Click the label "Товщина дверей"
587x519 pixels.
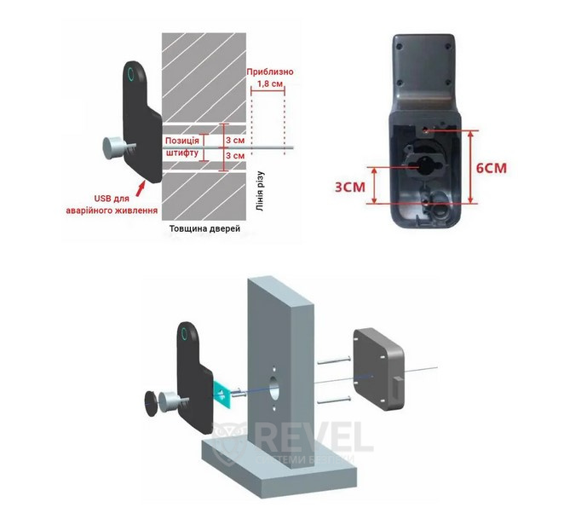pos(204,228)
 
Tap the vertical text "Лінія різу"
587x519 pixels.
pos(260,191)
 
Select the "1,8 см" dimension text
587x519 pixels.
pos(270,84)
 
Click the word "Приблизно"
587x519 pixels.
pos(270,72)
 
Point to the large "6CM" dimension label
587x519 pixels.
pos(492,168)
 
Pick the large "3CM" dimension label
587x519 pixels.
pos(349,187)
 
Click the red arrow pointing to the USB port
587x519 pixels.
pos(140,188)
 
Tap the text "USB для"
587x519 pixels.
pos(112,199)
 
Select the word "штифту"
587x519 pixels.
pos(182,153)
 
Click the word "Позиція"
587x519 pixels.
pos(182,141)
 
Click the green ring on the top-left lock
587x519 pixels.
pos(130,74)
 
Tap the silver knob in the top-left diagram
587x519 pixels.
pos(112,147)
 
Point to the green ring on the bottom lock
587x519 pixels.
pos(185,332)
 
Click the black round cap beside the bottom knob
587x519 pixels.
pos(152,403)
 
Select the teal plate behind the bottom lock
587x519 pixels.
pos(223,394)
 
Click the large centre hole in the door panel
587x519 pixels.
pos(273,387)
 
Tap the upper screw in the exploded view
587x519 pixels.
pos(334,360)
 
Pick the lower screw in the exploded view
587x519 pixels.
pos(334,400)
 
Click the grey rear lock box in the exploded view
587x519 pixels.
pos(379,370)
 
